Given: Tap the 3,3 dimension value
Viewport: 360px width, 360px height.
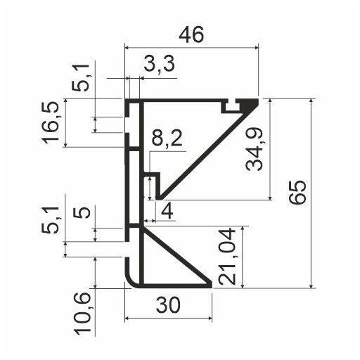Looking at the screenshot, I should click(x=158, y=65).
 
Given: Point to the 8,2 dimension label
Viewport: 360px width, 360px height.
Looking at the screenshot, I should click(x=166, y=140).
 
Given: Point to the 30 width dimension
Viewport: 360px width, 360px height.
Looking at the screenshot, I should click(x=168, y=307).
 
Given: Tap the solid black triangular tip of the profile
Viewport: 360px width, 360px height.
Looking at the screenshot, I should click(x=247, y=105).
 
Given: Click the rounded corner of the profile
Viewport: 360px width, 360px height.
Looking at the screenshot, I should click(x=131, y=281).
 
